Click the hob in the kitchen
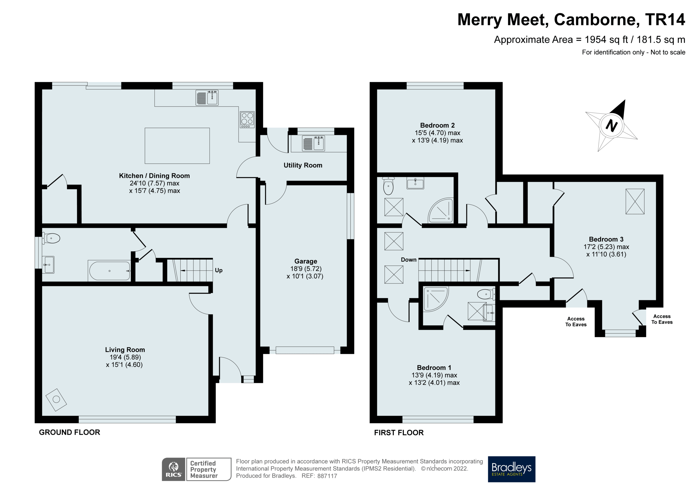click(247, 120)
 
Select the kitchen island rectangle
click(177, 146)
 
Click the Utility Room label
click(303, 165)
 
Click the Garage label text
click(306, 261)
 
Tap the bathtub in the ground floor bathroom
click(109, 271)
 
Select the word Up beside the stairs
click(219, 270)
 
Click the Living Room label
click(125, 349)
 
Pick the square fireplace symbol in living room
click(56, 400)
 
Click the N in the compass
click(611, 126)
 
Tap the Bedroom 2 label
click(437, 126)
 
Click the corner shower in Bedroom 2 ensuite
click(441, 211)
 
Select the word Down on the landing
click(408, 260)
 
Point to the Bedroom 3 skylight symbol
click(635, 201)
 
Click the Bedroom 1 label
click(434, 368)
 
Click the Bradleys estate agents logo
click(511, 469)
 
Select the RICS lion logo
click(173, 469)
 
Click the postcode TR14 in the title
click(665, 20)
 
